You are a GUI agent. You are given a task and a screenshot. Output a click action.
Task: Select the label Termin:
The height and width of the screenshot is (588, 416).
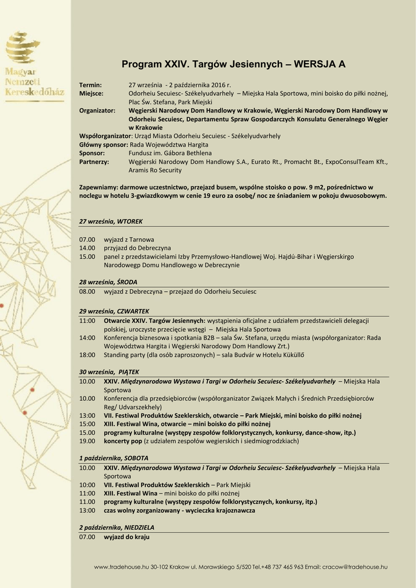tap(90, 85)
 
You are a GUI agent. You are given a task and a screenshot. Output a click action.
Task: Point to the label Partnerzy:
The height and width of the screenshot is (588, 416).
tap(94, 162)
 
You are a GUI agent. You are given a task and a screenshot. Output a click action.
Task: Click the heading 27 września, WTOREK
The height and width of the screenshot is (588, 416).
tap(111, 221)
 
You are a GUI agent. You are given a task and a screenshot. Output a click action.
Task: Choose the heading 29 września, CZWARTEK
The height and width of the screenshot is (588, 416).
tap(114, 311)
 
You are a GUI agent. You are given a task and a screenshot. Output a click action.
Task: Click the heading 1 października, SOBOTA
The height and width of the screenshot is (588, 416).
tap(114, 458)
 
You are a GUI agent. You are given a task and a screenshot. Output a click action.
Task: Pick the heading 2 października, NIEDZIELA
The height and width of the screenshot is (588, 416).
tap(116, 527)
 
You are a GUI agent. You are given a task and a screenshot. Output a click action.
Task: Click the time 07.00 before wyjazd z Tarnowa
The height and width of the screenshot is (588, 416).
tap(87, 239)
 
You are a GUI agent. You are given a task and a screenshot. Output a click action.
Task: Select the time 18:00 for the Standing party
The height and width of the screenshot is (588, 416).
tap(87, 355)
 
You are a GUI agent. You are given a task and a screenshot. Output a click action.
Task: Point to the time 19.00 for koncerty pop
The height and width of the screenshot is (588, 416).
tap(87, 441)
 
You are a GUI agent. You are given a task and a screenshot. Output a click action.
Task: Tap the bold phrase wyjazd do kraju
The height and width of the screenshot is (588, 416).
tap(126, 536)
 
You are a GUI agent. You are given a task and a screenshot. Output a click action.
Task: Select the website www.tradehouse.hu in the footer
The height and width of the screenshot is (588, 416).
tap(121, 567)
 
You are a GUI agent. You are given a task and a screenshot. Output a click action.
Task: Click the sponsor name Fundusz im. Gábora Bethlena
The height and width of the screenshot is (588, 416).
tap(170, 153)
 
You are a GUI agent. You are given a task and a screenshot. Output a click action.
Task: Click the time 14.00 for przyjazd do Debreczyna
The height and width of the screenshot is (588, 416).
tap(87, 247)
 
